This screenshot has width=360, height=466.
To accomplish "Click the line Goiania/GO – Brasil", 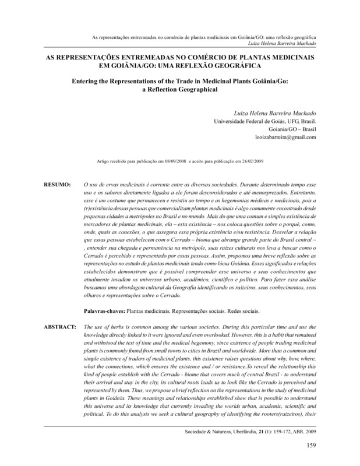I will pos(292,129).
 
